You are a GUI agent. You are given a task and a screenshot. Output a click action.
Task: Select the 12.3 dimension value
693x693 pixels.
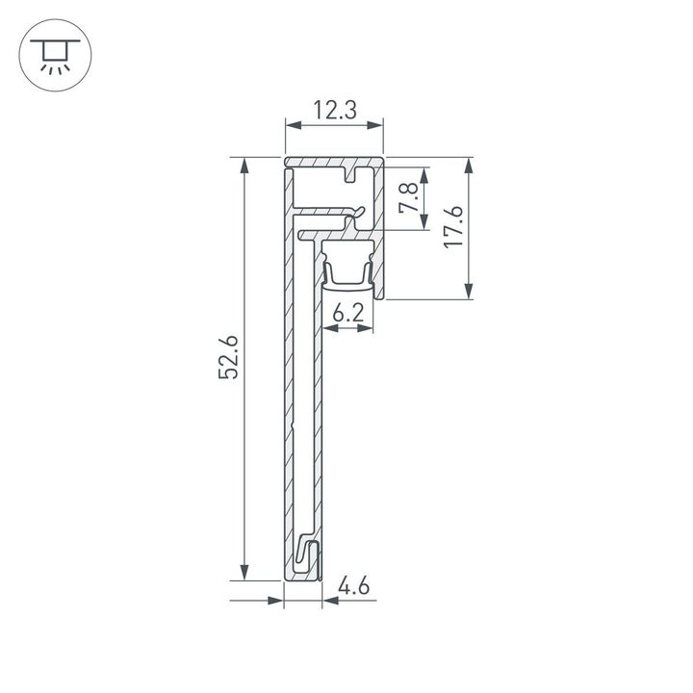[x=334, y=111]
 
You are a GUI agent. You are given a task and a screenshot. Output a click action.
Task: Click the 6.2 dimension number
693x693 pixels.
[x=347, y=313]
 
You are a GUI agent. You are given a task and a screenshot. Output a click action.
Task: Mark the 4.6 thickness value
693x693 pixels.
[x=354, y=584]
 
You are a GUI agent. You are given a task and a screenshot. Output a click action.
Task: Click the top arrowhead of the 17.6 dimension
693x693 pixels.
[x=470, y=167]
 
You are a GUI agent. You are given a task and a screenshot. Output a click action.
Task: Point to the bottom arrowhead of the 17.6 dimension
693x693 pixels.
[x=470, y=292]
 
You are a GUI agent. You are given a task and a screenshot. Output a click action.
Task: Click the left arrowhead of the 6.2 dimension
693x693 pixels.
[x=330, y=328]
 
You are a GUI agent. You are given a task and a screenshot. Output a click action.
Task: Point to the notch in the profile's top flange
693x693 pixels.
[x=353, y=175]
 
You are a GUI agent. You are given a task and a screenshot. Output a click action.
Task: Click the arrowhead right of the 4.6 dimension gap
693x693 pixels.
[x=328, y=602]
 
